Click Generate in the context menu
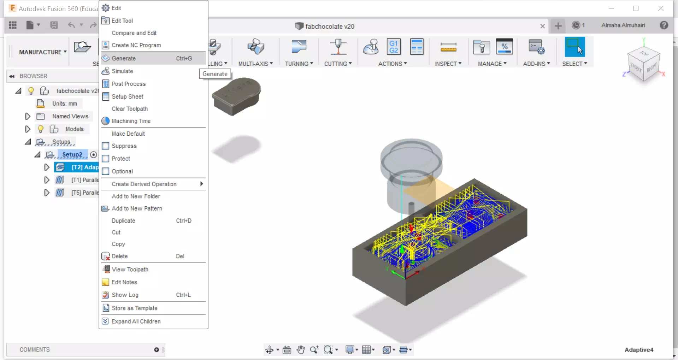coord(124,58)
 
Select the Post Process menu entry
coord(129,84)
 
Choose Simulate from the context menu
coord(122,71)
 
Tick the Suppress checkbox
coord(105,146)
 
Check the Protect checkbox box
coord(105,159)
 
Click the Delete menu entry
coord(120,256)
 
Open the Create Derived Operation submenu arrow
coord(201,184)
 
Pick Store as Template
coord(135,308)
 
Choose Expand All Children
coord(136,321)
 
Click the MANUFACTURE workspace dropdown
coord(43,52)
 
